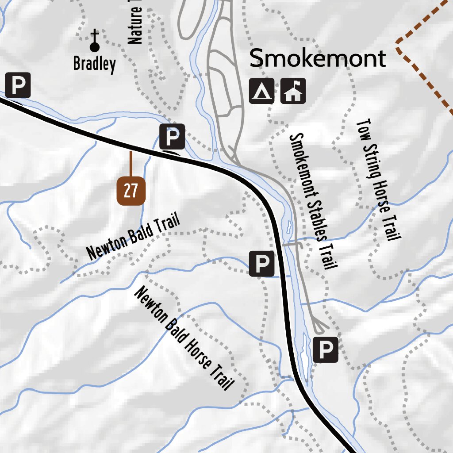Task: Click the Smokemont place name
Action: tap(318, 59)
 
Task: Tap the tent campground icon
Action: tap(261, 91)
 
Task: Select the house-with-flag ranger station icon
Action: tap(293, 91)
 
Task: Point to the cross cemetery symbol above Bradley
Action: tap(94, 41)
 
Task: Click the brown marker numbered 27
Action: tap(131, 191)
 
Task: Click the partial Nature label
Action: tap(135, 24)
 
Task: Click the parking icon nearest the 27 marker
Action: tap(172, 137)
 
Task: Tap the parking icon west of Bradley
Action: tap(18, 84)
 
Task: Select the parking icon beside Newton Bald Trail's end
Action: tap(261, 264)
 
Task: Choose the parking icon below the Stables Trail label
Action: tap(325, 350)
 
